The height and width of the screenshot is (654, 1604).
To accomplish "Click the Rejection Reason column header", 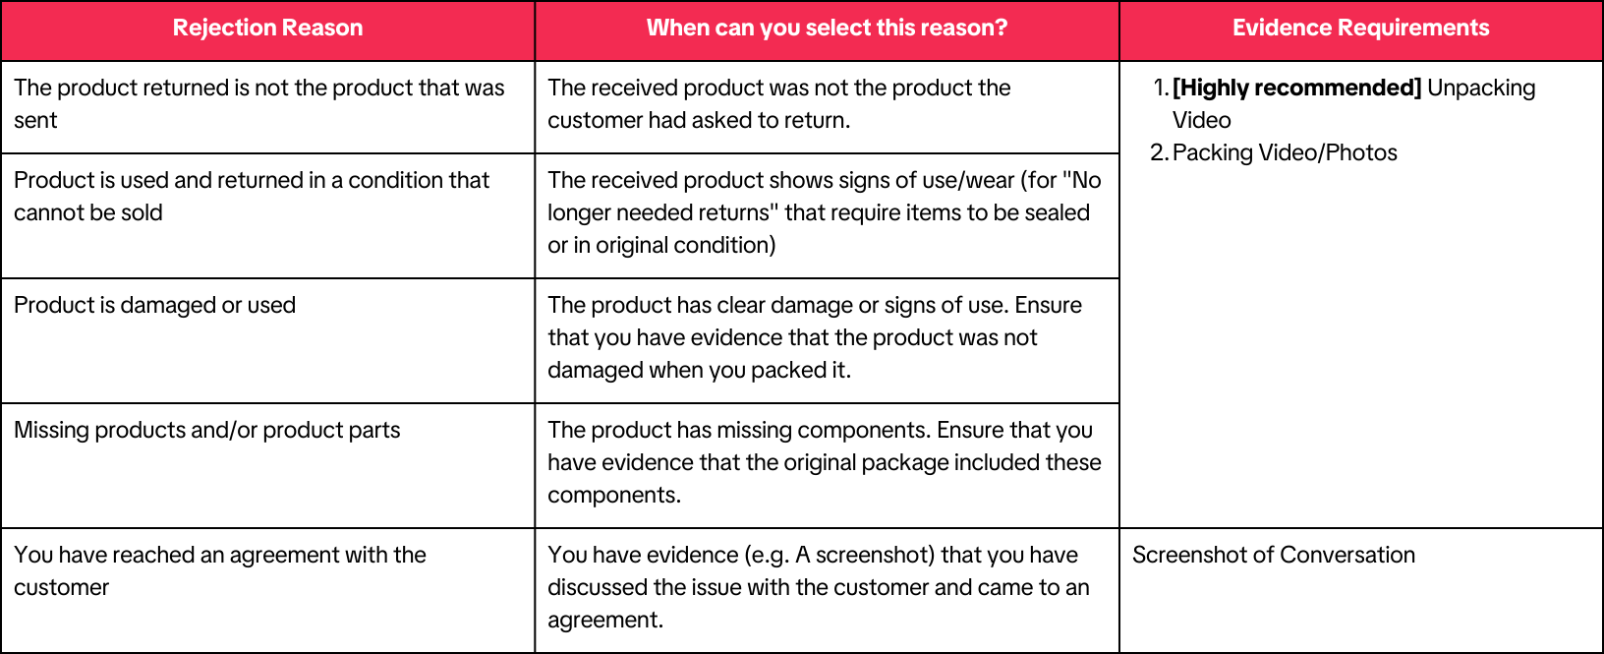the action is click(267, 28).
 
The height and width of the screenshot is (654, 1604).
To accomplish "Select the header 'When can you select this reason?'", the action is click(828, 28).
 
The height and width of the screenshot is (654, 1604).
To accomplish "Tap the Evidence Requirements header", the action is click(1360, 28).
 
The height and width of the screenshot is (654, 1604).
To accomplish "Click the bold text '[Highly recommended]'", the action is click(1296, 89).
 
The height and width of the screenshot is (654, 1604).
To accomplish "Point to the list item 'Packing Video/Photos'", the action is click(1285, 152).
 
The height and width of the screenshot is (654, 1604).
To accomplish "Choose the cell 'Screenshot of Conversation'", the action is click(1274, 555).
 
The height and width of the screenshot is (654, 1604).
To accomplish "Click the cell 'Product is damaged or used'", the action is click(154, 305).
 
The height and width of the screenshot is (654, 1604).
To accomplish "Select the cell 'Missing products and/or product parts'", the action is click(207, 430).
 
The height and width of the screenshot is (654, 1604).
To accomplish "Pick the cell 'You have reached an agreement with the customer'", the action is click(220, 571).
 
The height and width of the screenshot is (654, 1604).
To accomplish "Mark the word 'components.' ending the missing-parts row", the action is click(613, 496).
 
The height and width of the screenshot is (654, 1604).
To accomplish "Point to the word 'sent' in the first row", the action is click(35, 120).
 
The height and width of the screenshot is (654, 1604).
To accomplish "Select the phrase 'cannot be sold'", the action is click(88, 212).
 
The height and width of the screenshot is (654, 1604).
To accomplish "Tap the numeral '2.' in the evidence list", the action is click(1159, 152).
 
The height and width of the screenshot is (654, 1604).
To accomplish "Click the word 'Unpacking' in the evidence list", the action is click(1481, 89).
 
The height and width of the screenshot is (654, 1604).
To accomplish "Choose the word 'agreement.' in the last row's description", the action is click(605, 621).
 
